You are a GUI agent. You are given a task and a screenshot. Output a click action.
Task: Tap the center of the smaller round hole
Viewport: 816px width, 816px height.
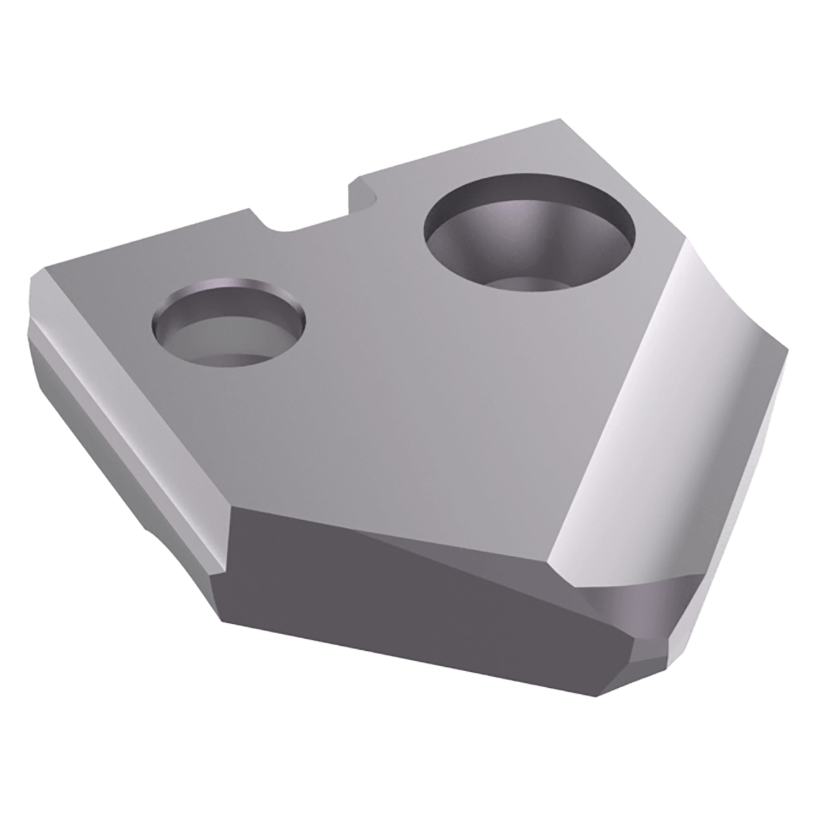pyautogui.click(x=228, y=322)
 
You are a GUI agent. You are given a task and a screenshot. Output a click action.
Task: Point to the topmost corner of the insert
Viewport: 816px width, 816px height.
pyautogui.click(x=560, y=119)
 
